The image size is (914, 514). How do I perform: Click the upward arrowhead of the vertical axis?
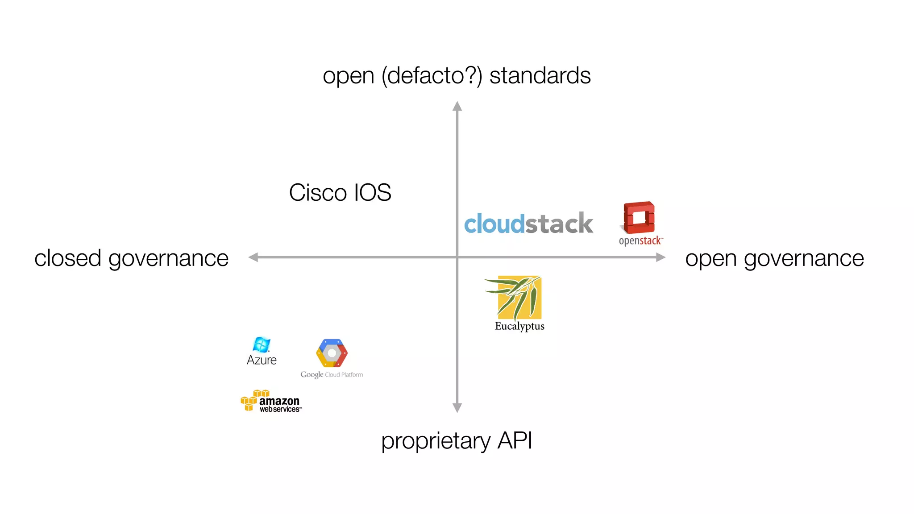pyautogui.click(x=457, y=106)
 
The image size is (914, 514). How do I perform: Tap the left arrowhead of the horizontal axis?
pyautogui.click(x=253, y=257)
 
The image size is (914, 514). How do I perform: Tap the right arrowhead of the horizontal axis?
pyautogui.click(x=661, y=257)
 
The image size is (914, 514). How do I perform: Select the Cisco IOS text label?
pyautogui.click(x=340, y=193)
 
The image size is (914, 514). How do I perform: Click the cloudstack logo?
pyautogui.click(x=528, y=224)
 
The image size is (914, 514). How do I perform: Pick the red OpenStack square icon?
pyautogui.click(x=639, y=218)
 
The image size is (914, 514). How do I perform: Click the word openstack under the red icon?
pyautogui.click(x=640, y=241)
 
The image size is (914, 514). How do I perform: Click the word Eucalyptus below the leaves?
pyautogui.click(x=519, y=326)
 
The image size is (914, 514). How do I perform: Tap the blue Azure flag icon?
pyautogui.click(x=262, y=344)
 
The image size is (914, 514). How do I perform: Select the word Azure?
pyautogui.click(x=262, y=360)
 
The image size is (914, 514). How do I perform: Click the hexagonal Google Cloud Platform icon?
pyautogui.click(x=332, y=353)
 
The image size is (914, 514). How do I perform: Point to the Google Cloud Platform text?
pyautogui.click(x=332, y=375)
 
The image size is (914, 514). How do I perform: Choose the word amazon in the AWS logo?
pyautogui.click(x=279, y=401)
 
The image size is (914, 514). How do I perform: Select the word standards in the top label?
pyautogui.click(x=540, y=75)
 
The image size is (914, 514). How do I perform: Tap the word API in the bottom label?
pyautogui.click(x=515, y=440)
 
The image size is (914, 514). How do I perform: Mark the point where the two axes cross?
pyautogui.click(x=457, y=257)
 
